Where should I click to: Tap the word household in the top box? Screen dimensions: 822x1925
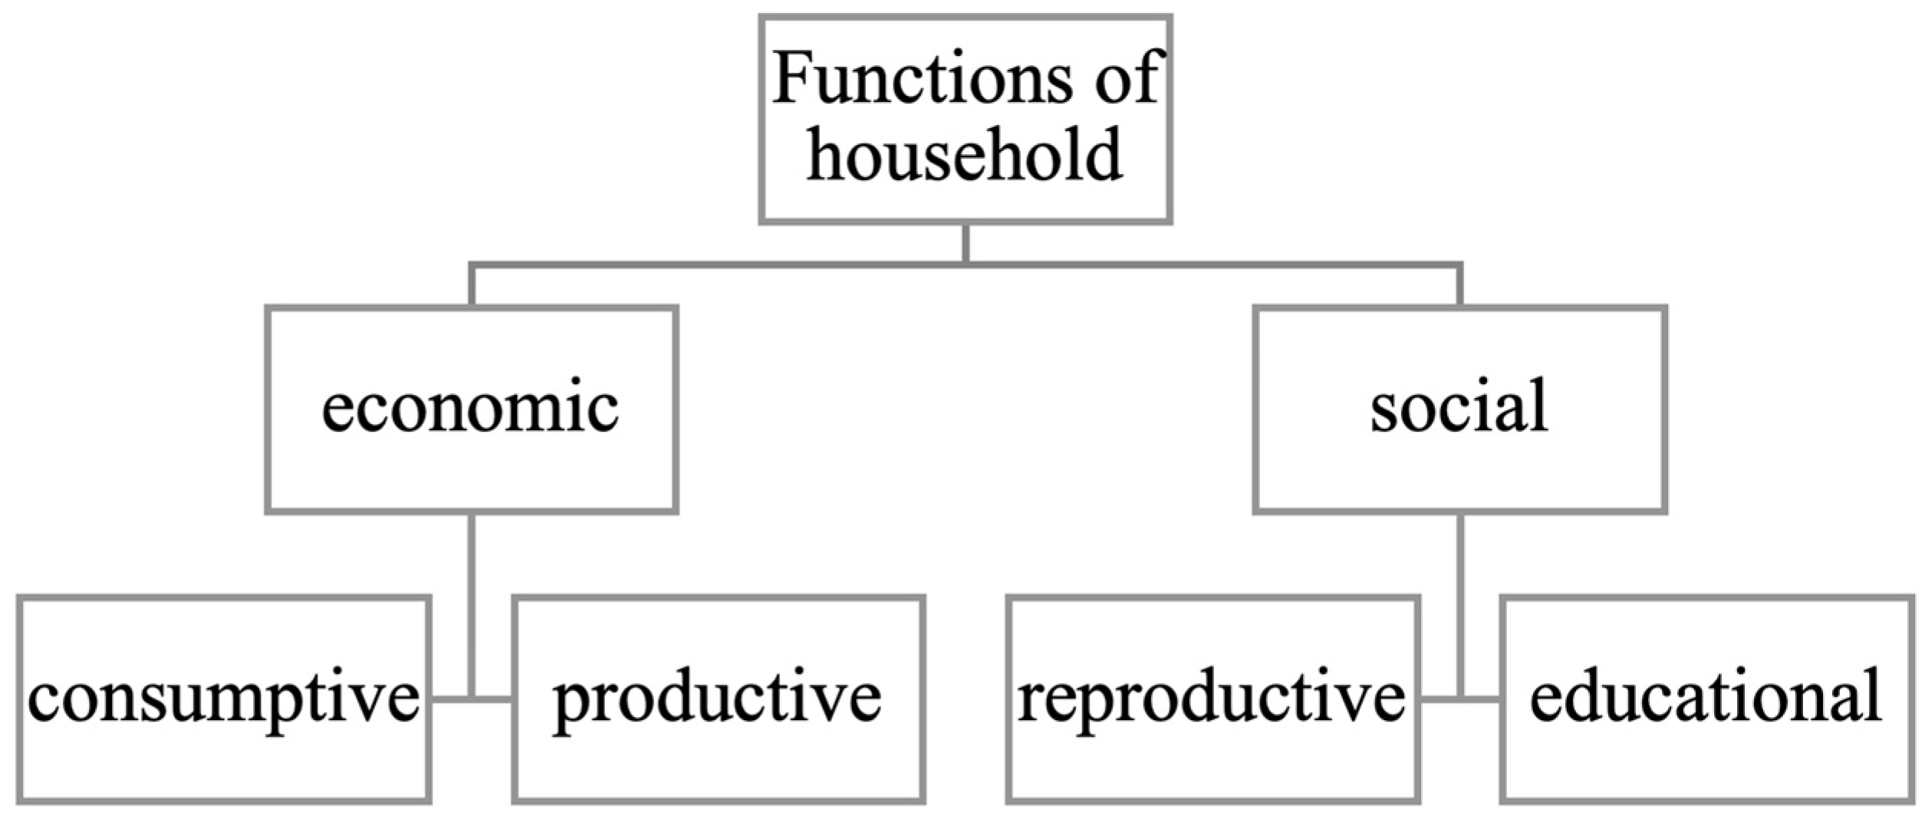(965, 156)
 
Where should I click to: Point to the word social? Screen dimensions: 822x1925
(1459, 406)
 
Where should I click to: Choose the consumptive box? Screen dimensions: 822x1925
(223, 699)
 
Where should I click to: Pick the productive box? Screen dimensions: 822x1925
(718, 699)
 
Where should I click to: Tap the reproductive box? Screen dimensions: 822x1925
(1212, 699)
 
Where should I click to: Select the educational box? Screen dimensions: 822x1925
(1706, 699)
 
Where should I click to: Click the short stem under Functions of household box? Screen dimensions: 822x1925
(966, 244)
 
